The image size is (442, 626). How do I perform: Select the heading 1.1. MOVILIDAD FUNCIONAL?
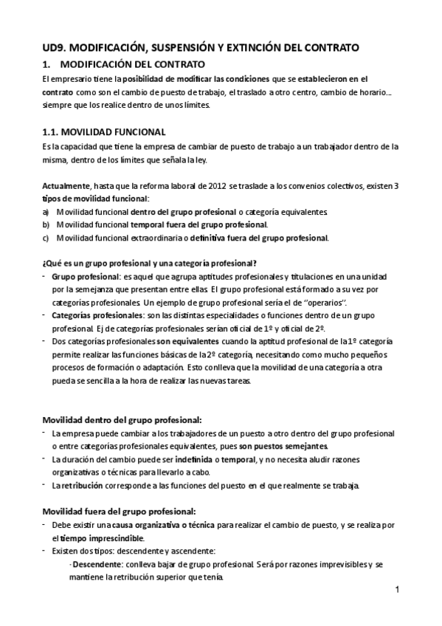104,132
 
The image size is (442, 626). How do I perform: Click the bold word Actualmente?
63,187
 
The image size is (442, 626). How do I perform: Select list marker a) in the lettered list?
46,212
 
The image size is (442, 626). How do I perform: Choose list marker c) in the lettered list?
46,237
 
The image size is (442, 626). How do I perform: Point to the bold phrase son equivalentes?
187,342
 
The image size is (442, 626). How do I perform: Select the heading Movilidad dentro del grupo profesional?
121,419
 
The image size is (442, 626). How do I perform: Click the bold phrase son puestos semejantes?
283,446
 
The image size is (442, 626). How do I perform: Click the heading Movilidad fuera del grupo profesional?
119,511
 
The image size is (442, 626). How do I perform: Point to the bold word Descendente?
96,565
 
